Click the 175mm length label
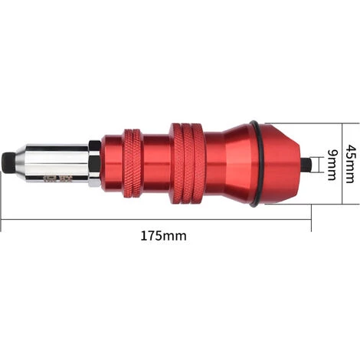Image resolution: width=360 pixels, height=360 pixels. tap(163, 236)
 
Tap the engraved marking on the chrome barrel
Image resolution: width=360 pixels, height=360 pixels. tap(77, 182)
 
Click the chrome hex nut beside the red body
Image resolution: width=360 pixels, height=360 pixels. tap(93, 162)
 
